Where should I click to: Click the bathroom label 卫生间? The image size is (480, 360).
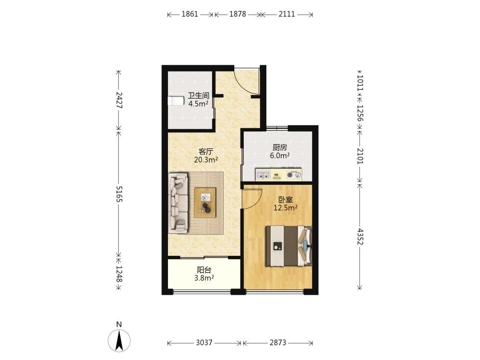(x=198, y=96)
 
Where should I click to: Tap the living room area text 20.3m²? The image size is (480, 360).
(x=206, y=159)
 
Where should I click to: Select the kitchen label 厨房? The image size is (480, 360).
(x=279, y=147)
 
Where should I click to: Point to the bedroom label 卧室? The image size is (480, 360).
(x=285, y=200)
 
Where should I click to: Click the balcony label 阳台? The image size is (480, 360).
(x=204, y=270)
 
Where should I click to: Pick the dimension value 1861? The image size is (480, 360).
(x=190, y=14)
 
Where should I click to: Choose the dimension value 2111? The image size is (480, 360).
(x=287, y=14)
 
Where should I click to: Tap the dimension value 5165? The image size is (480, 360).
(x=119, y=194)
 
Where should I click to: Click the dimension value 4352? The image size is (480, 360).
(x=360, y=237)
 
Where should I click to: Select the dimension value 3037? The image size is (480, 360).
(x=204, y=343)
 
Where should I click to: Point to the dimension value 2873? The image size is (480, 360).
(x=277, y=343)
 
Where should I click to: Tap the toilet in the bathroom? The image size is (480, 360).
(x=176, y=101)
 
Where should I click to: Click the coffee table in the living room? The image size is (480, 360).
(x=205, y=203)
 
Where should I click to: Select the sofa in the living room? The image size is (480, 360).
(x=178, y=204)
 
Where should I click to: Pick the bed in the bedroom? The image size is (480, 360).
(x=288, y=246)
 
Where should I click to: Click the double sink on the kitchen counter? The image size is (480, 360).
(x=263, y=175)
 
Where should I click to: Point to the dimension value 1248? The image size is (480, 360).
(x=119, y=274)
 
